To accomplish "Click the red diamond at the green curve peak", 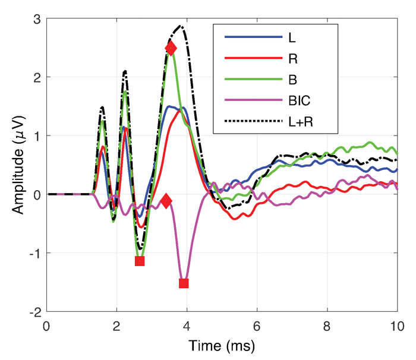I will (x=171, y=49).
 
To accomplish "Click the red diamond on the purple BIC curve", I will (x=166, y=201).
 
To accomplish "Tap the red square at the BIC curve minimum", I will (x=184, y=283).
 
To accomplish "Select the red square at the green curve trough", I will (x=140, y=261).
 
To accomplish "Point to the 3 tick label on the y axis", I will (x=36, y=19).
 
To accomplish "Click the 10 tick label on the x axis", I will (x=397, y=326).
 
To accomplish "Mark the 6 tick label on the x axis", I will (x=257, y=326).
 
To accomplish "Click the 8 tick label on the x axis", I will (x=327, y=326).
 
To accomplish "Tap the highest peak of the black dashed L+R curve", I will (x=181, y=26).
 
